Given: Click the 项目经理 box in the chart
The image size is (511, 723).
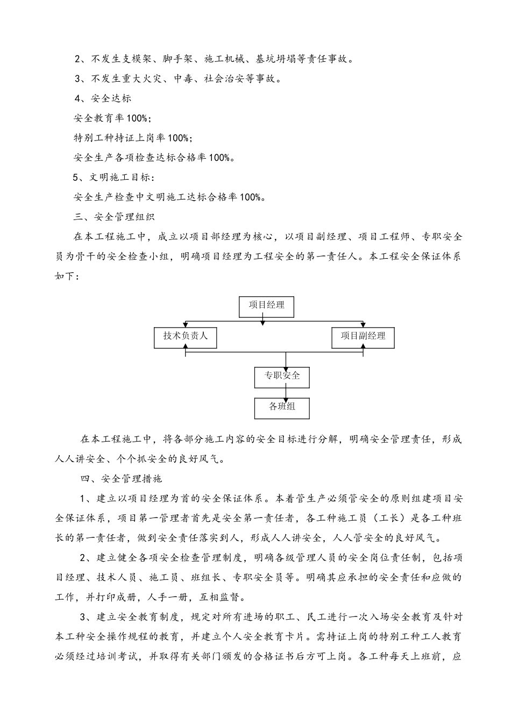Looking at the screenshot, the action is [266, 305].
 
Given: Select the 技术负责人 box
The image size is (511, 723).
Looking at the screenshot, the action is [186, 337].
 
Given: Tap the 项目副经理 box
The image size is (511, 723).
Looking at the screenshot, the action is [363, 336].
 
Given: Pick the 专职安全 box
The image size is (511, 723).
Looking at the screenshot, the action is [282, 376].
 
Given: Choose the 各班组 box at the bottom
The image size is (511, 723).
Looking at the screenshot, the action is [282, 407].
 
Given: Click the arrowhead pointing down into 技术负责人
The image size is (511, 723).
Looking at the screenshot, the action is [186, 325].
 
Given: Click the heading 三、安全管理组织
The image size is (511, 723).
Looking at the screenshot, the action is [113, 217].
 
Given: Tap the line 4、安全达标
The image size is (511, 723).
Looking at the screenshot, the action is [103, 98].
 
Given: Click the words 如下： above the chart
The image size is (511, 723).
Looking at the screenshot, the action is [68, 277].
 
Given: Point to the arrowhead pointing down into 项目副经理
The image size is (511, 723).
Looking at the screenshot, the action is [364, 325].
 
